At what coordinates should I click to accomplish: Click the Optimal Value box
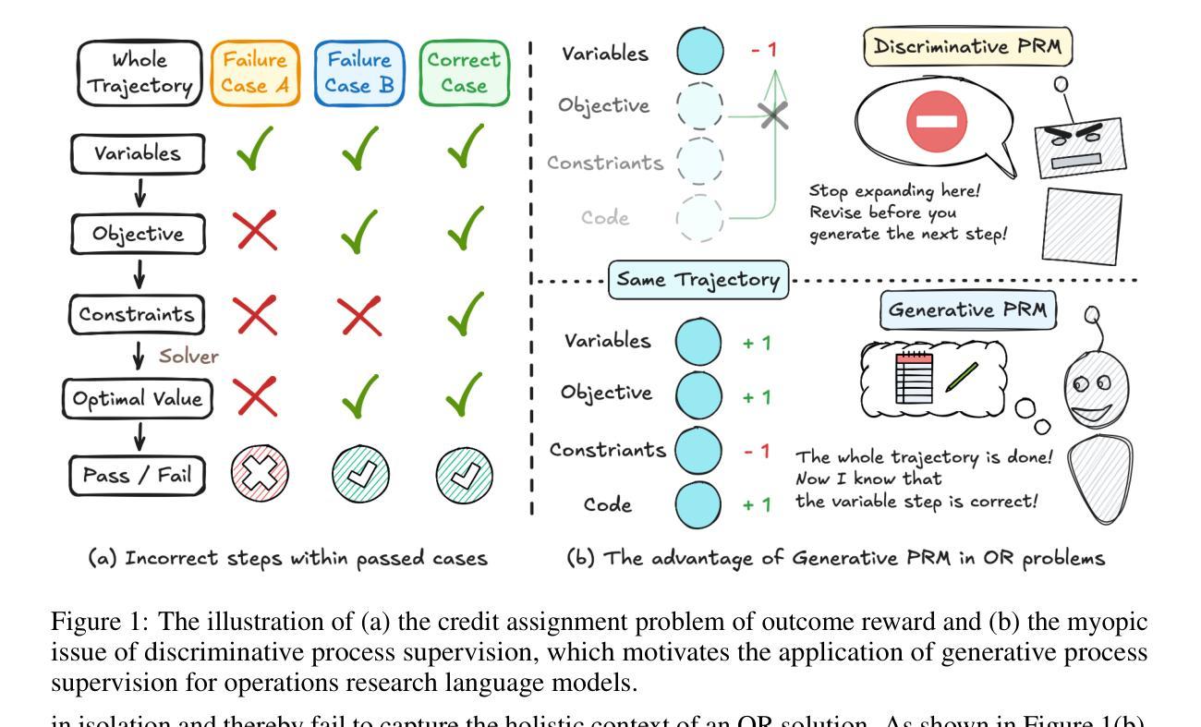[138, 399]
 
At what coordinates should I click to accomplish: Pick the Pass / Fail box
[138, 477]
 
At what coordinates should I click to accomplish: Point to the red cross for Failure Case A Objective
[256, 231]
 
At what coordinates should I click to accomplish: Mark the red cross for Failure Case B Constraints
[360, 316]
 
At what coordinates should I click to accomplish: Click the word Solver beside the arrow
[188, 357]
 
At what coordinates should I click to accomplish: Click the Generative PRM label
[967, 310]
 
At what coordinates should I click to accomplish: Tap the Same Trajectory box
[698, 279]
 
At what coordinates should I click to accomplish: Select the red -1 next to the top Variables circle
[763, 49]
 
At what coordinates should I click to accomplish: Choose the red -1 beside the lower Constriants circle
[757, 451]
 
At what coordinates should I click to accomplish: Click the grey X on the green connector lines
[773, 116]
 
